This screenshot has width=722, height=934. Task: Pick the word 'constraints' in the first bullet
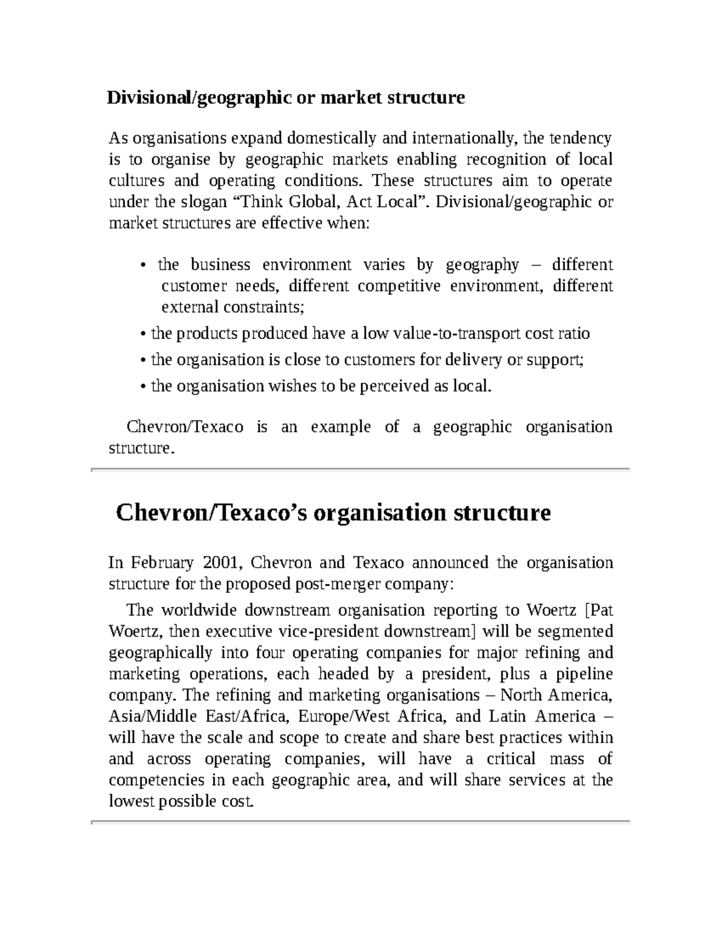pyautogui.click(x=263, y=307)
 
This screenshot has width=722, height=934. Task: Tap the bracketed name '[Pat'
pyautogui.click(x=599, y=610)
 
